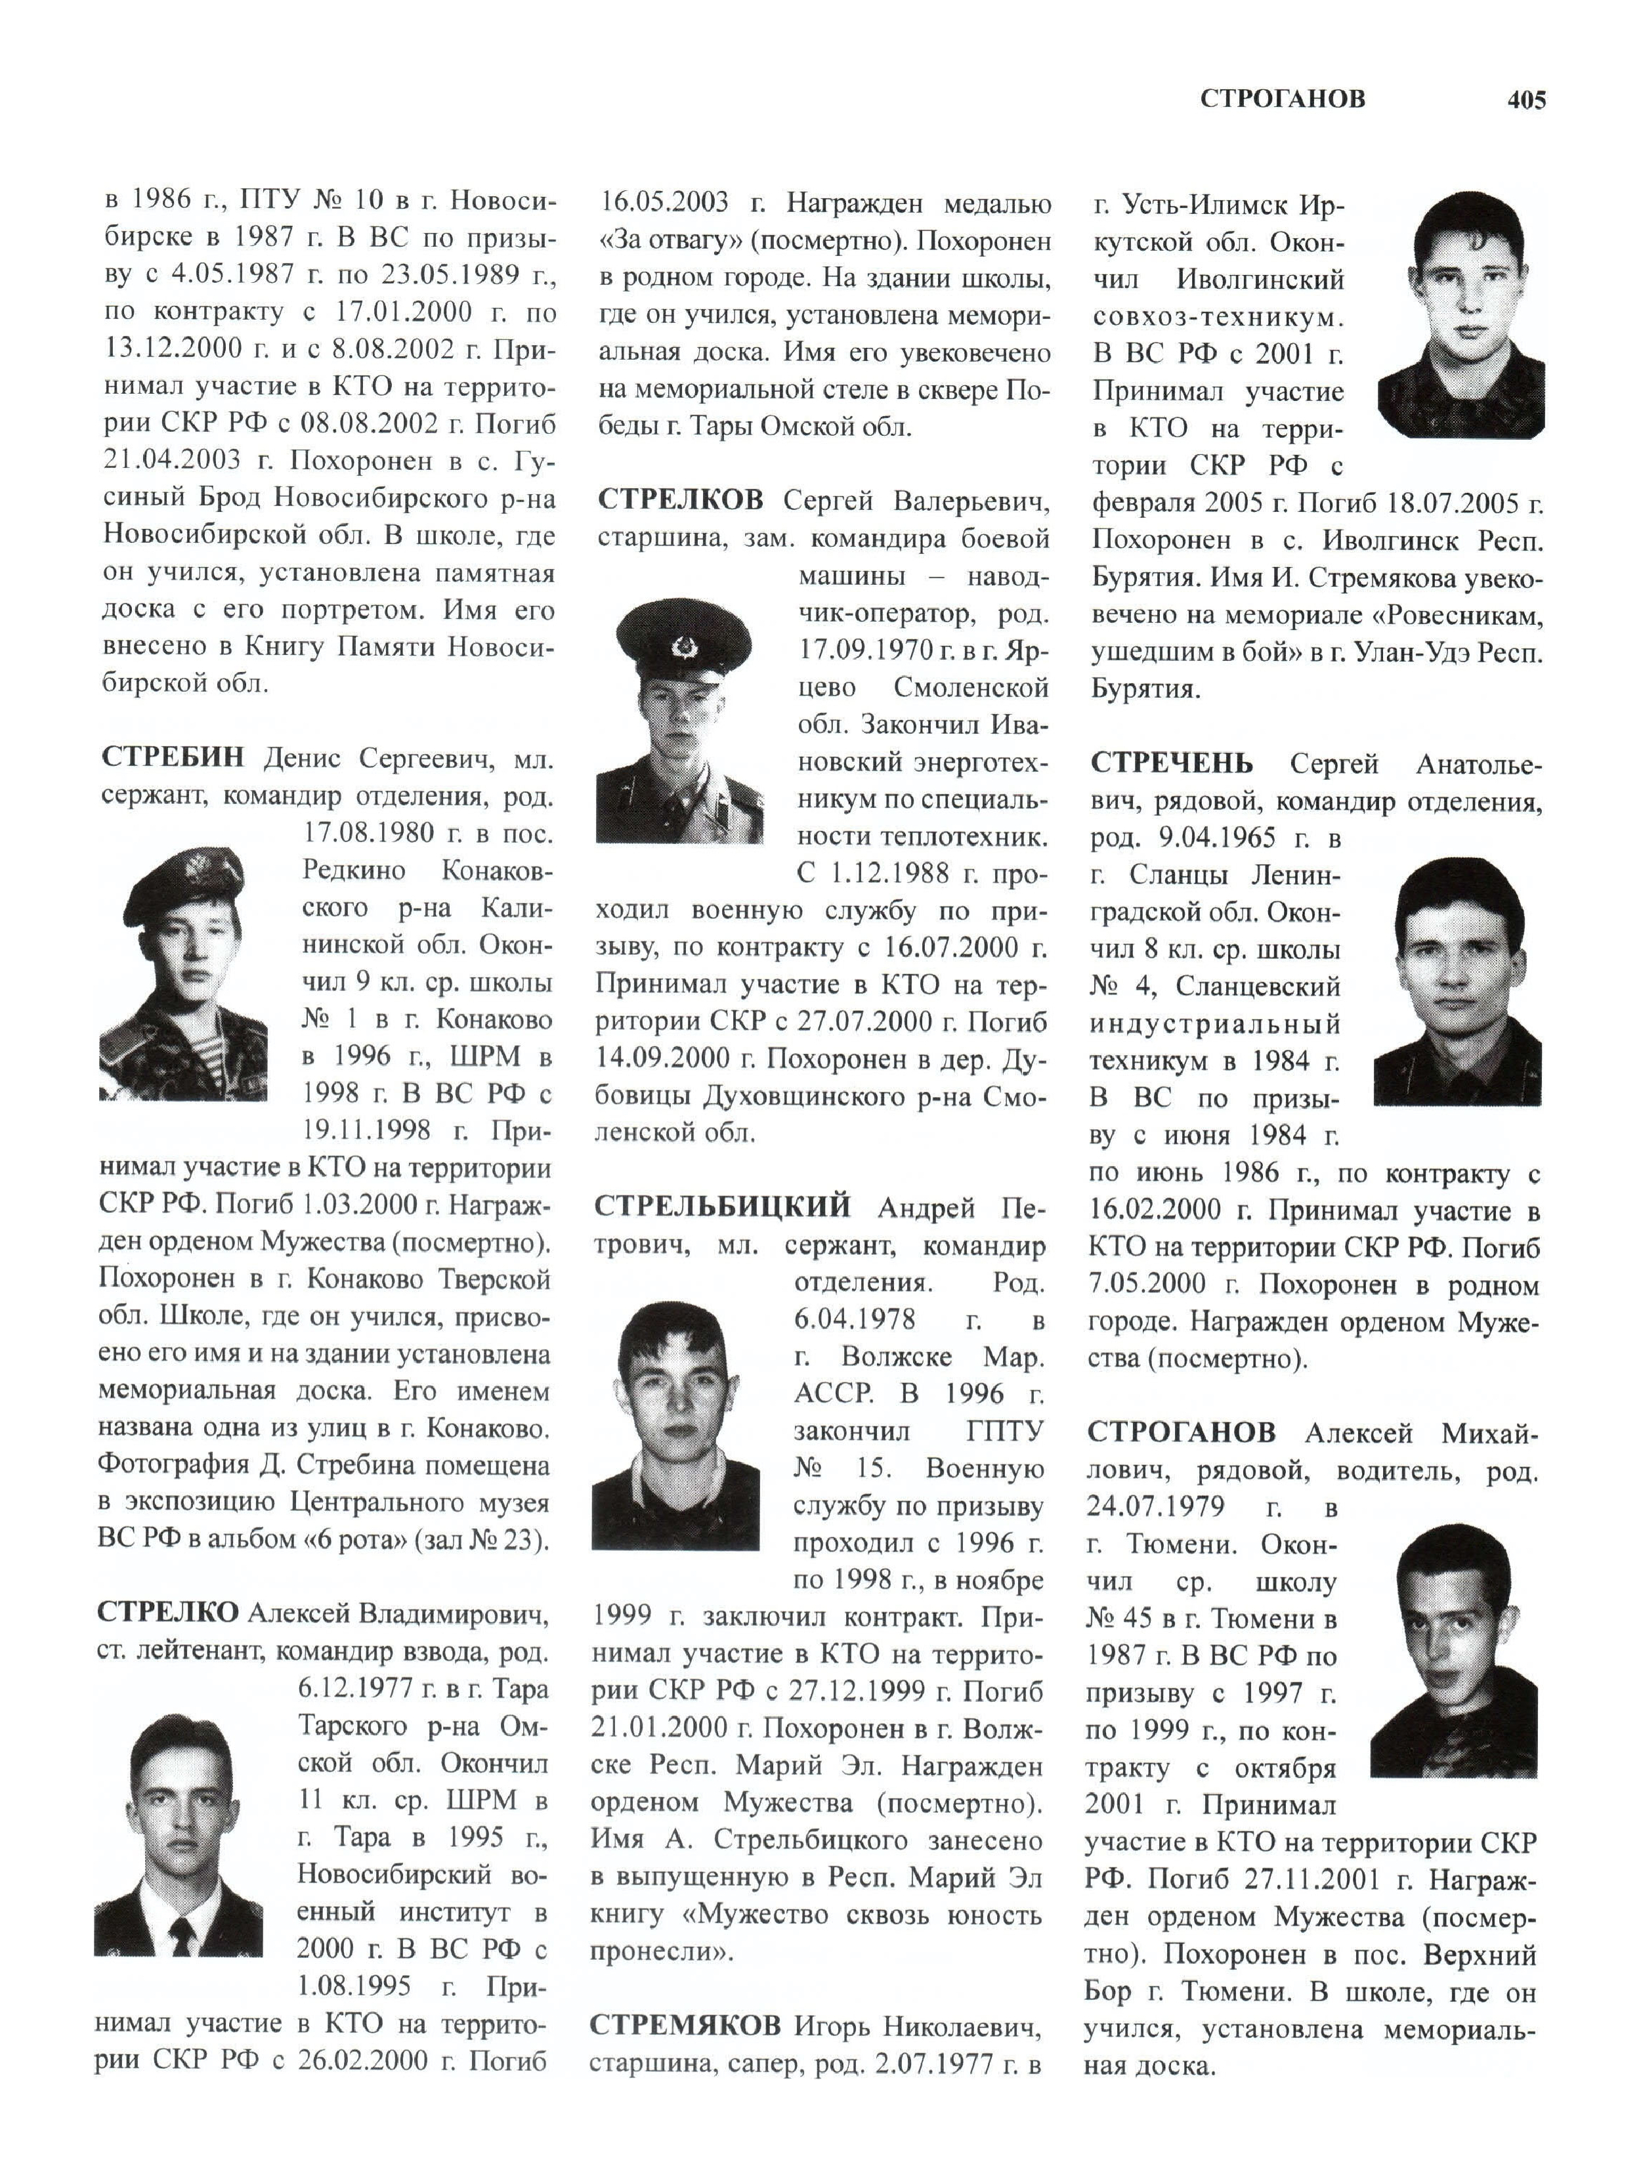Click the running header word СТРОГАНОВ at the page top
point(1282,99)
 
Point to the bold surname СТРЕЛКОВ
point(681,501)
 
